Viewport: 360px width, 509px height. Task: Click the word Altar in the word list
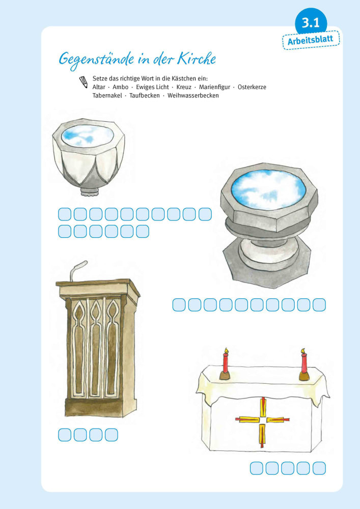pos(99,87)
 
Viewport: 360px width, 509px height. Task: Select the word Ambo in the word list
pos(121,87)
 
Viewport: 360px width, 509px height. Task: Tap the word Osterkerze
pos(252,87)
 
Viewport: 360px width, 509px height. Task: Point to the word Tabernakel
pos(107,96)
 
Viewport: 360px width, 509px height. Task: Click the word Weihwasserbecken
pos(193,96)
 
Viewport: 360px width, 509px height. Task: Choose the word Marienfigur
pos(214,87)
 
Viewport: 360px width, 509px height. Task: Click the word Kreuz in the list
pos(184,87)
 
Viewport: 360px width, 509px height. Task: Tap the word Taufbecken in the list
pos(145,96)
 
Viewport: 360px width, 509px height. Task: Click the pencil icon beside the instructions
pos(84,82)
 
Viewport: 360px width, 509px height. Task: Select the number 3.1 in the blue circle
pos(311,23)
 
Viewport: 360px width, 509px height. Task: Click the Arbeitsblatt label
pos(311,40)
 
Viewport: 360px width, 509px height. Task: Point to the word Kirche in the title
pos(197,59)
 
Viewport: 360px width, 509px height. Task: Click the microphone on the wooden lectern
pos(78,270)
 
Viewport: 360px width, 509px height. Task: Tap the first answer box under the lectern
pos(65,435)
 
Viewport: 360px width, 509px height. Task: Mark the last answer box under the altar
pos(319,468)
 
